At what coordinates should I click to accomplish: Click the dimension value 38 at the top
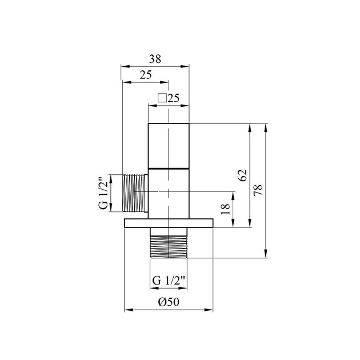155,58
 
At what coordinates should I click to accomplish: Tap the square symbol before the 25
162,98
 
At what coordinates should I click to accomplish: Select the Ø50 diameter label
169,302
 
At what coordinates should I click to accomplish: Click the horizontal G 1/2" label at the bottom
169,280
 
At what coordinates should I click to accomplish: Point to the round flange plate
169,223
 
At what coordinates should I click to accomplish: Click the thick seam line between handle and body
169,169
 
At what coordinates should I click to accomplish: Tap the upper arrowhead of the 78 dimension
266,127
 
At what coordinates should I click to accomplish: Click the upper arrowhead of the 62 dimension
250,127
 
